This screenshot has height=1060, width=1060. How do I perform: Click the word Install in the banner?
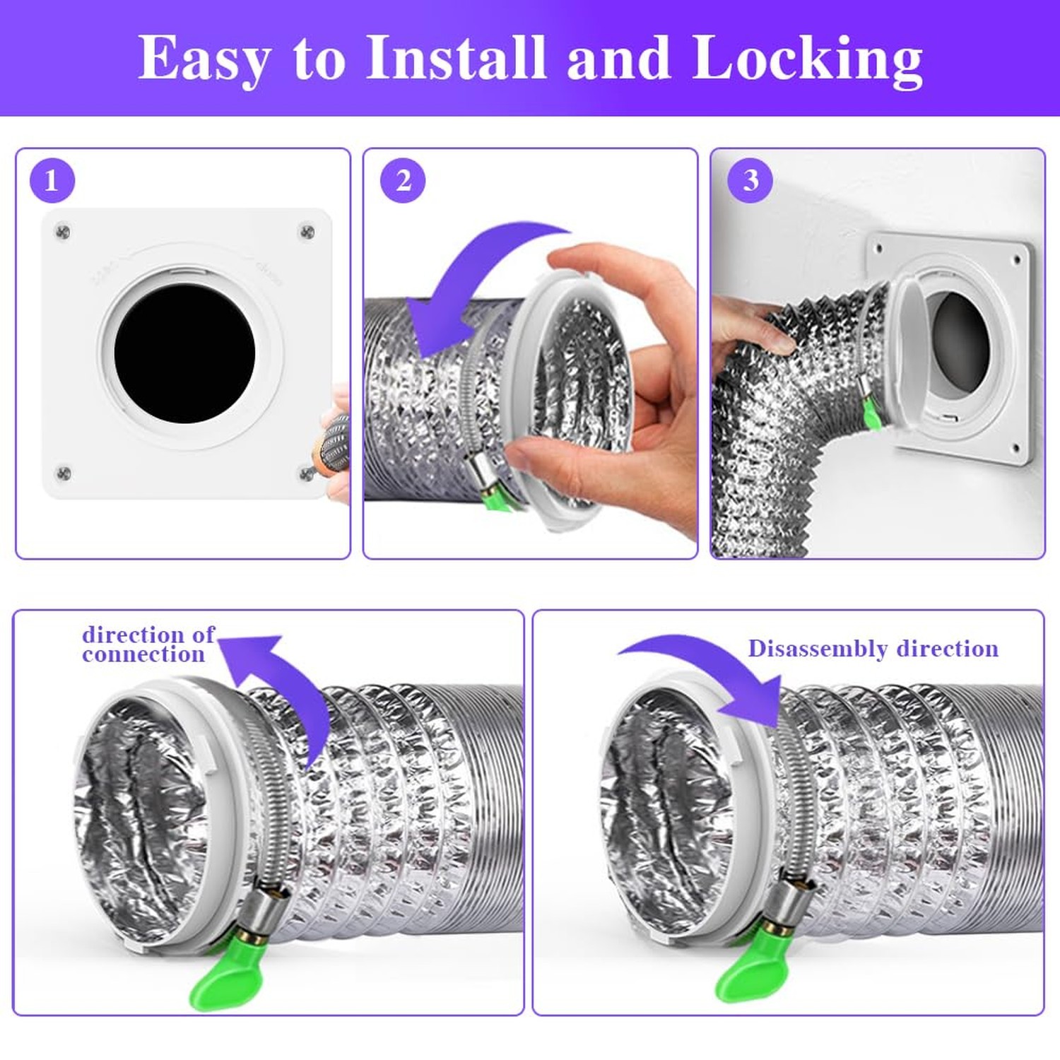(457, 58)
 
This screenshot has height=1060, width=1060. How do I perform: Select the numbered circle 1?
(52, 180)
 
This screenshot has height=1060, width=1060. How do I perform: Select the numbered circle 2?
(403, 180)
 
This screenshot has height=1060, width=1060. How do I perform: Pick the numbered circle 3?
(750, 180)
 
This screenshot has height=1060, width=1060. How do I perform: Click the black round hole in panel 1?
(184, 353)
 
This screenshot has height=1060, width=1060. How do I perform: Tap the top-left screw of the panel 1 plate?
(63, 231)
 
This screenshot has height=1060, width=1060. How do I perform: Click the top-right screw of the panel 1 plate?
(307, 231)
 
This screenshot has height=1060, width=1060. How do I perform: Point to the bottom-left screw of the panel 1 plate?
(63, 473)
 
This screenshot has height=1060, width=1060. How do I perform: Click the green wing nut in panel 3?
(872, 416)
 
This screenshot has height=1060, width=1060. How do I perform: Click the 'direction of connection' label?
(148, 644)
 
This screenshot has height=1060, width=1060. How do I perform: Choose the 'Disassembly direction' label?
(873, 648)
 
